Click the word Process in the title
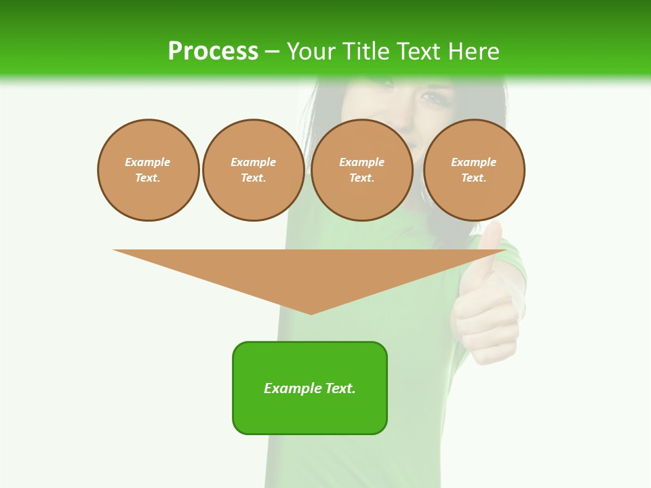(213, 52)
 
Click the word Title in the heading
(365, 52)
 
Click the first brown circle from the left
(148, 170)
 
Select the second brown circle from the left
(253, 170)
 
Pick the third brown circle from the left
(361, 170)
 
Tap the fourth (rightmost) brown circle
(473, 170)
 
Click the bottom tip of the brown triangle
(311, 312)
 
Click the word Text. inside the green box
(341, 388)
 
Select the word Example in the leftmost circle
(148, 162)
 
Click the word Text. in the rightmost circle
(473, 178)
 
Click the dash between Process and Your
(271, 52)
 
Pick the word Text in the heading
(418, 52)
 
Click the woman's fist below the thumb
(485, 319)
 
